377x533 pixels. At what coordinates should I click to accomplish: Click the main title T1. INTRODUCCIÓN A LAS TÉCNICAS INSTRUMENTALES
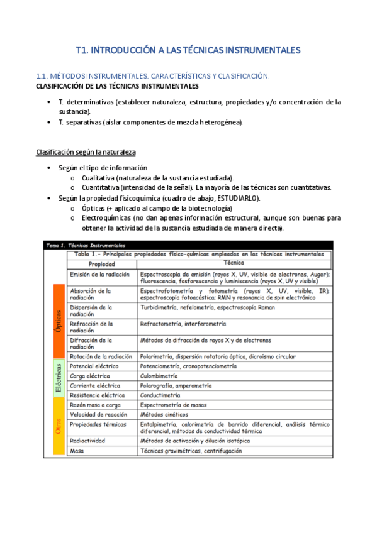click(x=188, y=50)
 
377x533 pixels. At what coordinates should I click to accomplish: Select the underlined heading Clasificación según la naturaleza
click(x=86, y=152)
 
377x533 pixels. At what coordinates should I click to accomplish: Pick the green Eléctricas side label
click(x=58, y=378)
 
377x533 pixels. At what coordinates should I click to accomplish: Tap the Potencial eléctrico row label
click(x=93, y=365)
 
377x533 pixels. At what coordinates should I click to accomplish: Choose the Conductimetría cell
click(x=160, y=395)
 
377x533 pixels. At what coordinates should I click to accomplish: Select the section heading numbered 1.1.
click(x=153, y=75)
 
